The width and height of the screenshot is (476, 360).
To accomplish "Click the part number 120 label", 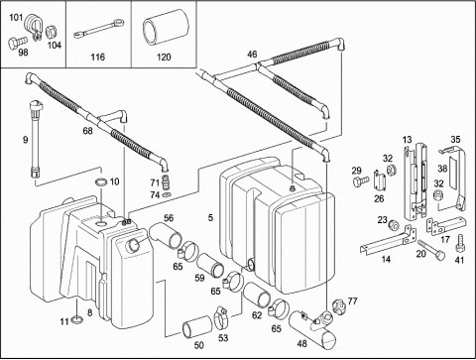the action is [164, 58].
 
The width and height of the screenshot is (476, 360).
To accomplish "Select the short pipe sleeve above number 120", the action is [166, 27].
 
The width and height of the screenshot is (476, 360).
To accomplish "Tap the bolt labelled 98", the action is [18, 42].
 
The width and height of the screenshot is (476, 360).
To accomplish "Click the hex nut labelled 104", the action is [53, 33].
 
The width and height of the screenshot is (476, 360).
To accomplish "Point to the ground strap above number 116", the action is [98, 28].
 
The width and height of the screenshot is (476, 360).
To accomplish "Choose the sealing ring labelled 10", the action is [101, 181].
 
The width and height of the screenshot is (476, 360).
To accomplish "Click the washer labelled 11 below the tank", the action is [76, 319].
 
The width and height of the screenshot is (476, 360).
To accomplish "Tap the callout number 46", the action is [252, 54].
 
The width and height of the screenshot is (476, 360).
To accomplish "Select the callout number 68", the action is [87, 131].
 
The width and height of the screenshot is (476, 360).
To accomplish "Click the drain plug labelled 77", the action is [338, 304].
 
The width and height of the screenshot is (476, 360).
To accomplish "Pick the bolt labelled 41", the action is [460, 244].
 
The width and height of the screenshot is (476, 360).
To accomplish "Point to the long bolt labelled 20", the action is [431, 249].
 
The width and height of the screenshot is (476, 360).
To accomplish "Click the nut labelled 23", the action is [393, 225].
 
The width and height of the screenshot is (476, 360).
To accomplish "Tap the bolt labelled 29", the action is [361, 180].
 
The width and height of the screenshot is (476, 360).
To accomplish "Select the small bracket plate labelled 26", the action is [380, 180].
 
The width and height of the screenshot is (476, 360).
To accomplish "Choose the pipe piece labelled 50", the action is [197, 326].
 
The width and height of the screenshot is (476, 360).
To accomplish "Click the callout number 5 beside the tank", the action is [211, 217].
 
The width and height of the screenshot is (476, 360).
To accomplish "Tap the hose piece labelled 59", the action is [210, 266].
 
